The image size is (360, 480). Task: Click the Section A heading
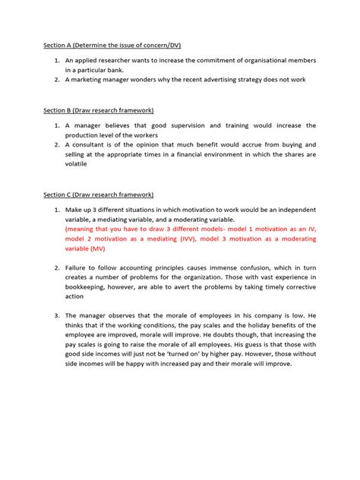click(112, 46)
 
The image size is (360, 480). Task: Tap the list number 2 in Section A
click(56, 79)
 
